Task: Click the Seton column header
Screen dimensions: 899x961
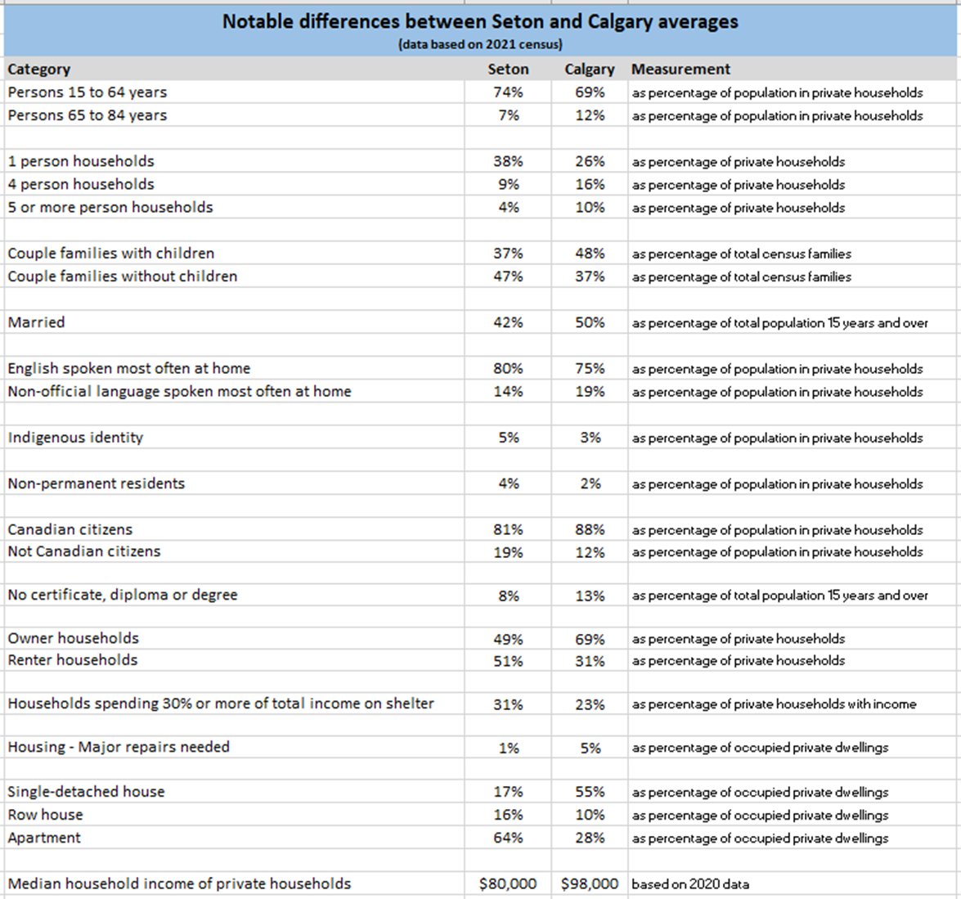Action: [x=508, y=70]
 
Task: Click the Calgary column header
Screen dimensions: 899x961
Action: [x=589, y=70]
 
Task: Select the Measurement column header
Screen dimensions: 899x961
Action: [x=680, y=70]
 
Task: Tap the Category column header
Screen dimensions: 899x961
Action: [x=39, y=70]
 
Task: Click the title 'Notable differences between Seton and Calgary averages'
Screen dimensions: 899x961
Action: [x=480, y=22]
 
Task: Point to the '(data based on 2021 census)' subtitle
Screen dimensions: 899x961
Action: [x=480, y=44]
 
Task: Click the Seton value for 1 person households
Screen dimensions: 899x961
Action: [x=508, y=162]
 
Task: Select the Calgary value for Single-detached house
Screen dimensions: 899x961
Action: [x=590, y=792]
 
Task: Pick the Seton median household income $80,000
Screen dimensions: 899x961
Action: [x=508, y=883]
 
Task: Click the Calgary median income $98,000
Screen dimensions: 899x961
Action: [x=590, y=883]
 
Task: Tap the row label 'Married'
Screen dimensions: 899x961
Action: [x=37, y=322]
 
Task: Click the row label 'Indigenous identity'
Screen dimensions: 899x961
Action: [x=75, y=438]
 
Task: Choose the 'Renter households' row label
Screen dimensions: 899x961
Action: [x=73, y=660]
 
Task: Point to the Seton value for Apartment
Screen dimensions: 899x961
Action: [x=508, y=838]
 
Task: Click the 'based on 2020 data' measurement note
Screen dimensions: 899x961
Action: [x=690, y=883]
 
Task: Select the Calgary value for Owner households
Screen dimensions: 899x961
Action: [x=590, y=639]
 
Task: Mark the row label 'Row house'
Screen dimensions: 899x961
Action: [x=45, y=815]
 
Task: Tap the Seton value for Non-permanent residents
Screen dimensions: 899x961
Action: [x=508, y=483]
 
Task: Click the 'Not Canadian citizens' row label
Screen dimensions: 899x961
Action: [x=84, y=551]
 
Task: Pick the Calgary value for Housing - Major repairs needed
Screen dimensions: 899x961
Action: [x=590, y=748]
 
